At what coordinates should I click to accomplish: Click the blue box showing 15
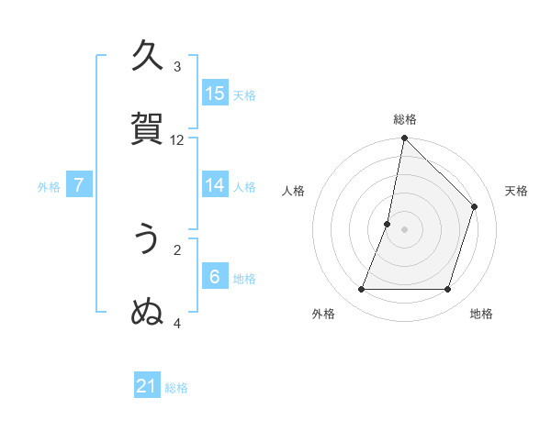tap(215, 94)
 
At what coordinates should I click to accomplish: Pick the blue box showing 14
tap(215, 185)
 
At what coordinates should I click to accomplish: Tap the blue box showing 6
tap(215, 277)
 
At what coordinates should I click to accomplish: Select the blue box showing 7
tap(79, 185)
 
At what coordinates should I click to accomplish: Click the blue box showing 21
tap(147, 387)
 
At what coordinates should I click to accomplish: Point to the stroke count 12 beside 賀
tap(177, 139)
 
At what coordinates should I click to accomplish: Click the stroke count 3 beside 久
tap(177, 66)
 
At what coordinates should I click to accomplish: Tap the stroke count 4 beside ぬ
tap(177, 323)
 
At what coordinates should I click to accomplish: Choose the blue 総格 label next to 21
tap(176, 388)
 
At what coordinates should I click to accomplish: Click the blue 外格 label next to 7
tap(49, 186)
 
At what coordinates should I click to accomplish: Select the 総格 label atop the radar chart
tap(404, 119)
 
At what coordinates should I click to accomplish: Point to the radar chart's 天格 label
tap(516, 191)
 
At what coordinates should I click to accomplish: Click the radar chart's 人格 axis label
tap(293, 191)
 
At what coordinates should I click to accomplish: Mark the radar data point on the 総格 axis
tap(404, 138)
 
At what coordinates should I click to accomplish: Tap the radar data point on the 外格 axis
tap(361, 290)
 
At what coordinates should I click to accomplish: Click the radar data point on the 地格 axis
tap(448, 290)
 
